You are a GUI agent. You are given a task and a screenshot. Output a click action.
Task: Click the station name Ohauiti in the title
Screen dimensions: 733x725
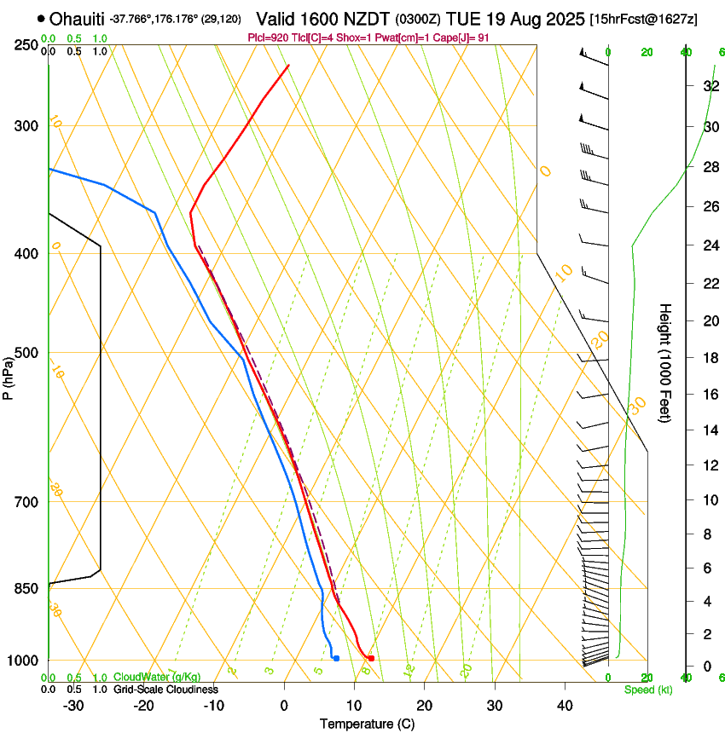coord(76,19)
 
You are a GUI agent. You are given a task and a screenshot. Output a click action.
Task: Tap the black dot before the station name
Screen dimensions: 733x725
coord(41,18)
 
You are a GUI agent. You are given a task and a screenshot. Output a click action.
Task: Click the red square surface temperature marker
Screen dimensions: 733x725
coord(371,658)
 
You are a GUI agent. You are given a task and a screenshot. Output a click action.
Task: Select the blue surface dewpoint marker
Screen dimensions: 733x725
coord(337,658)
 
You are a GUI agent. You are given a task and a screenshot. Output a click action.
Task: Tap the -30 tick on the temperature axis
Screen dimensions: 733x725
coord(73,706)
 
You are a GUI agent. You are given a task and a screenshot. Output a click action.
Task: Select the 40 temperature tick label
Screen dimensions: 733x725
coord(564,706)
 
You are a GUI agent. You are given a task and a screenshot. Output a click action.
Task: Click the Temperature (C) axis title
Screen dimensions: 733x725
coord(367,724)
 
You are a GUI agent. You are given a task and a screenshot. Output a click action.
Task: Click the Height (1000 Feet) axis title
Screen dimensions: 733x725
coord(665,362)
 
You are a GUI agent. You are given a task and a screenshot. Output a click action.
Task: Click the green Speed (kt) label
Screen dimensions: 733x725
coord(647,690)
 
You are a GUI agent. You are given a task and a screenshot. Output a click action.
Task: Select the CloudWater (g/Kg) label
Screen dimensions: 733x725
coord(158,677)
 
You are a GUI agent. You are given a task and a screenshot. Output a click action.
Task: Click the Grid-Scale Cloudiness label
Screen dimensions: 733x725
coord(165,689)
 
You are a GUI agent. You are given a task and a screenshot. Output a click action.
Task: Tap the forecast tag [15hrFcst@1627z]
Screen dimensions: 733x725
coord(643,19)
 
